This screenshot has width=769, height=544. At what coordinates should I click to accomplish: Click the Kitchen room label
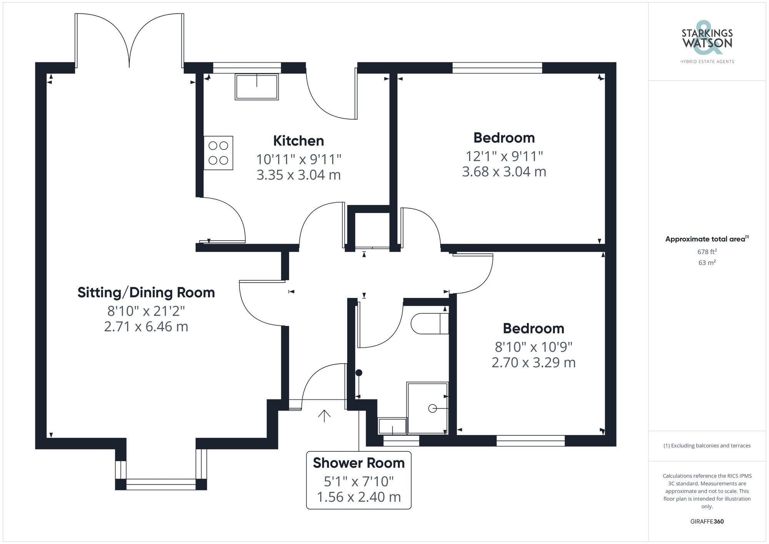pos(298,141)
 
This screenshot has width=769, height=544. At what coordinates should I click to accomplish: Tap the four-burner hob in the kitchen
pos(218,153)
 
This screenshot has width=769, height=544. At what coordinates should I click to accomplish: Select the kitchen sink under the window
pos(256,87)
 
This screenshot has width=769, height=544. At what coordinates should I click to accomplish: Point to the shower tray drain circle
pos(433,408)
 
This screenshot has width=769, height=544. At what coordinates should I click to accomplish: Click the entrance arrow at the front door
pos(324,416)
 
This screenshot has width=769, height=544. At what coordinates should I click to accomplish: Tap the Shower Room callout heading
pos(358,463)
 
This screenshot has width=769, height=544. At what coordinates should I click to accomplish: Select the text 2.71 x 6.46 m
pos(146,327)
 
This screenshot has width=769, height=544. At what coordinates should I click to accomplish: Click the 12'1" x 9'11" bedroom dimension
pos(504,156)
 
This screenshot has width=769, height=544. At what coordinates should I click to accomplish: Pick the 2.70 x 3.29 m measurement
pos(533,363)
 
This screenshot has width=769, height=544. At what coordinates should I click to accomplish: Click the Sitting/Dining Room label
pos(146,293)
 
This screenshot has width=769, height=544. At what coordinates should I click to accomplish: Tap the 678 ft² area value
pos(707,252)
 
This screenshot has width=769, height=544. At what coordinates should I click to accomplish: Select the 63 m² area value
pos(707,263)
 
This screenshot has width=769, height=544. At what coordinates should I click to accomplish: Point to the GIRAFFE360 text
pos(707,522)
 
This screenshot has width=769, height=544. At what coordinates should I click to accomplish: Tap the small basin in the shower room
pos(392,426)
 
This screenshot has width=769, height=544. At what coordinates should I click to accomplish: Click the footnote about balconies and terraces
pos(707,446)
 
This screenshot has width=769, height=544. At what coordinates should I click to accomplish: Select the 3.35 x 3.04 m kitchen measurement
pos(298,175)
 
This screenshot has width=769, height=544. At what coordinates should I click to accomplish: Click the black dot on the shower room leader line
pos(359,373)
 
